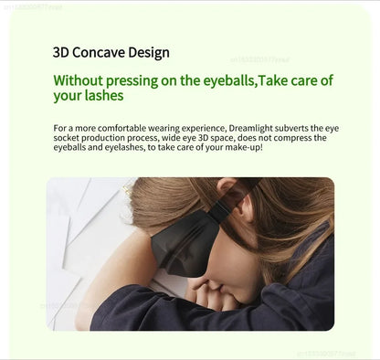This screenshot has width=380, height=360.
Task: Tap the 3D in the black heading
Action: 62,52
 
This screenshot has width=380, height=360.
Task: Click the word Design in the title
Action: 148,52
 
